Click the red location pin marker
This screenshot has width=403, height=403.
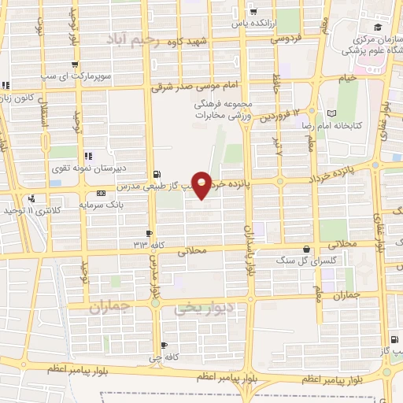point(202,183)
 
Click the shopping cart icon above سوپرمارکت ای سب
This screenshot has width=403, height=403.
point(74,65)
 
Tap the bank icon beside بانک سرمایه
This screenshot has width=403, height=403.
point(100,193)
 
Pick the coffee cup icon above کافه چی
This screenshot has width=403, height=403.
point(164,346)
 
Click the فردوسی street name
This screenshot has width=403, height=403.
point(289,38)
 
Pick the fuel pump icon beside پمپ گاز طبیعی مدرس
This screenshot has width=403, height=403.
point(157,174)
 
